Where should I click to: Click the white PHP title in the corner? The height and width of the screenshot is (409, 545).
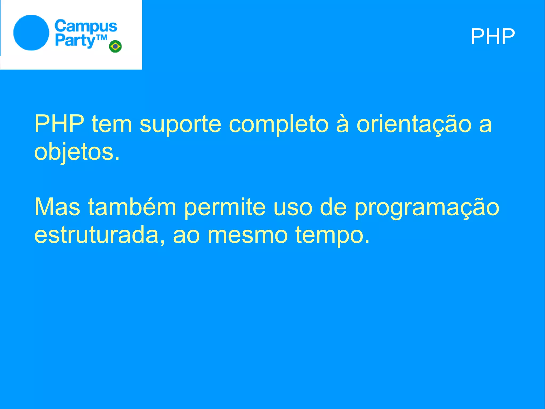click(493, 37)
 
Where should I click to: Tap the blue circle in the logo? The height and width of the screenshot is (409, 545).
click(31, 33)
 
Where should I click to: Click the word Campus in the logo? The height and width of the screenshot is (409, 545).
click(86, 27)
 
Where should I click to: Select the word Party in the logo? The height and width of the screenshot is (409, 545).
click(75, 41)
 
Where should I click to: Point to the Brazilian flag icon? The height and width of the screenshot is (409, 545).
click(115, 46)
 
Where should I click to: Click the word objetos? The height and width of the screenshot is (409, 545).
click(77, 152)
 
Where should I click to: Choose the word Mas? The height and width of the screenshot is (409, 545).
click(57, 207)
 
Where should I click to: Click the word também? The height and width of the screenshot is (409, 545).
click(132, 207)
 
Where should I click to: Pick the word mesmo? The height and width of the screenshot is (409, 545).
click(247, 235)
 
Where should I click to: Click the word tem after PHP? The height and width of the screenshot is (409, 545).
click(112, 124)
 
